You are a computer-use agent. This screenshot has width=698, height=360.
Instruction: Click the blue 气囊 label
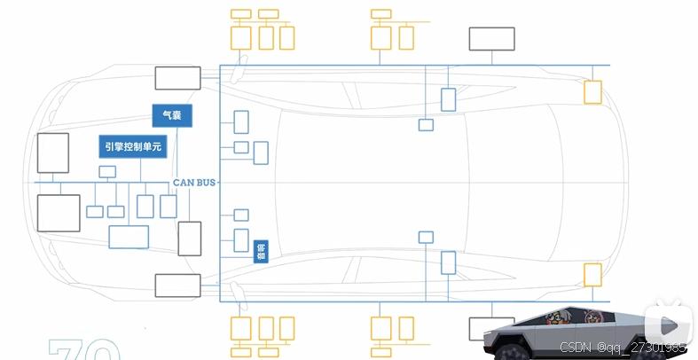click(171, 116)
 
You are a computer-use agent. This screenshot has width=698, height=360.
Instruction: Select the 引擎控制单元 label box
click(132, 147)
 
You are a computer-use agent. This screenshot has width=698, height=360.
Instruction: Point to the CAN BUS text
click(194, 182)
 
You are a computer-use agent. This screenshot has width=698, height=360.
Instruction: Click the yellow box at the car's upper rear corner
click(592, 91)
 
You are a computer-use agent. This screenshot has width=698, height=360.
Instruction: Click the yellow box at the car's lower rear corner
click(592, 274)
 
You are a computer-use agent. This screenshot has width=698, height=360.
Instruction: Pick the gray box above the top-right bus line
click(491, 39)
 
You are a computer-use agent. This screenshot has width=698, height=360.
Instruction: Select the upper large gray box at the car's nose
click(52, 153)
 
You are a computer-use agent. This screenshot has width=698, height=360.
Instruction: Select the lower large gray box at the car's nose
click(58, 213)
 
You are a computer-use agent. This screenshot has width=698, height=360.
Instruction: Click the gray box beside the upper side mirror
click(177, 78)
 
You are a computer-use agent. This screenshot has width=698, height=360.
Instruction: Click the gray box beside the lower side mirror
click(177, 285)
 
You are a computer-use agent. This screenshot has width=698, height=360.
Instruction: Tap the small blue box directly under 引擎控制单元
click(107, 171)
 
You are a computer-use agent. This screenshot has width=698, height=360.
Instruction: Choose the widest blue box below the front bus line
click(129, 237)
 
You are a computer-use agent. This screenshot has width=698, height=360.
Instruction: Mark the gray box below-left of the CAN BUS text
click(190, 239)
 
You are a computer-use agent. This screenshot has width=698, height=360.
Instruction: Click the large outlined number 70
click(84, 349)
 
